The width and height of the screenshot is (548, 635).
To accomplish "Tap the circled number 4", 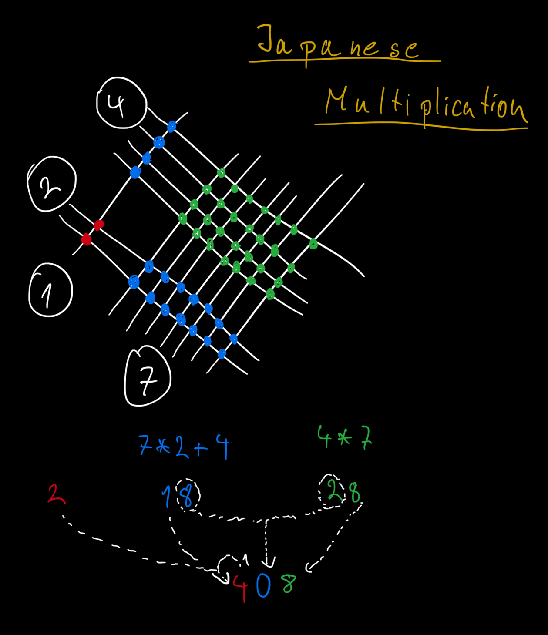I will coord(121,103).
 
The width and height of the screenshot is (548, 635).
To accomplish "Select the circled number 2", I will coord(52,185).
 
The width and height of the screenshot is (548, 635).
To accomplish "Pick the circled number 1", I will coord(50,290).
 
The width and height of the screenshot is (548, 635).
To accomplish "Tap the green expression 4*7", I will coord(344,437).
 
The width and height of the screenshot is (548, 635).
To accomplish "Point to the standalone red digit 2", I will coord(56,494).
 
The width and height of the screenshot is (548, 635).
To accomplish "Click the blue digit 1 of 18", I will coord(167,497).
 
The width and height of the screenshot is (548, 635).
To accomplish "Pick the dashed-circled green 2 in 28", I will coord(333,491).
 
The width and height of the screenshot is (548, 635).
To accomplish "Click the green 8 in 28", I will coord(355,493).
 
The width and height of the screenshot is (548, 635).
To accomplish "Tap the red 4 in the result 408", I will coord(240,588).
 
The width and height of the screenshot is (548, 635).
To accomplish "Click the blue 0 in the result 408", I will coord(263,585).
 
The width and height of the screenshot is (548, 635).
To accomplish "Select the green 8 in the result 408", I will coord(288,584).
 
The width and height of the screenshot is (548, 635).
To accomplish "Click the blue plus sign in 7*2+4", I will coord(201,448).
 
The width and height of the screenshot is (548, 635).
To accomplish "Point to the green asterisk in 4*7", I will coord(344,438).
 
